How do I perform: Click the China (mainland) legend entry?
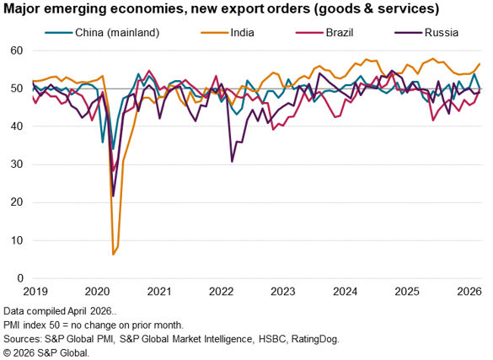click(x=102, y=33)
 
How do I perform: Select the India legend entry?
click(x=228, y=33)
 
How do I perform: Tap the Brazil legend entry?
click(x=324, y=33)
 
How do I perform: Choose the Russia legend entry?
click(x=426, y=33)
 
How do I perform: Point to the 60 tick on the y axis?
click(x=17, y=51)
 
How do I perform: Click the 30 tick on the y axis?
click(x=17, y=164)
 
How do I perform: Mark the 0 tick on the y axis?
click(x=20, y=278)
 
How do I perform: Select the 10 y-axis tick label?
click(x=17, y=240)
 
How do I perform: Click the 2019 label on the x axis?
click(x=35, y=292)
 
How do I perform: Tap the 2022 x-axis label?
click(x=222, y=292)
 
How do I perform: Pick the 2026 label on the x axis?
click(x=469, y=292)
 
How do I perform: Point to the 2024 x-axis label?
click(x=346, y=292)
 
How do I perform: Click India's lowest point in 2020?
click(x=113, y=254)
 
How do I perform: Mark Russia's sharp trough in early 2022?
click(x=232, y=162)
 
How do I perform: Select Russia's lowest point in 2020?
click(x=113, y=196)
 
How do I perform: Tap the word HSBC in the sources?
click(x=272, y=339)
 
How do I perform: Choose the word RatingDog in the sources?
click(x=314, y=339)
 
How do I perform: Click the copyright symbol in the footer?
click(x=7, y=352)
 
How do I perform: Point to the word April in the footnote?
click(x=78, y=311)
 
